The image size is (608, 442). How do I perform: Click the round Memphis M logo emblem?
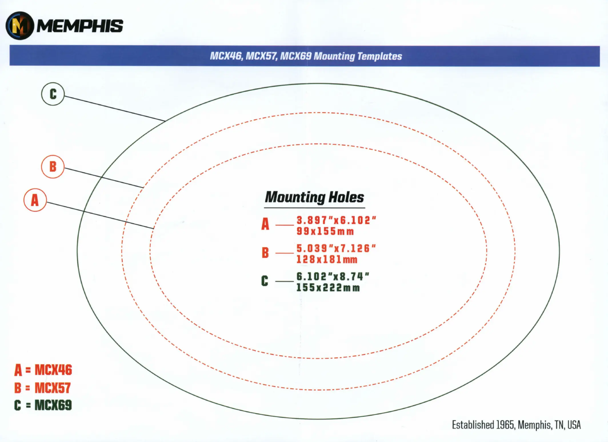pyautogui.click(x=20, y=26)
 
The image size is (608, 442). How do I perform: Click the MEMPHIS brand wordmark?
pyautogui.click(x=80, y=26)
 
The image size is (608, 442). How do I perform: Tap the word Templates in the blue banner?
pyautogui.click(x=379, y=56)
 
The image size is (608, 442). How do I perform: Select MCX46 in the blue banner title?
pyautogui.click(x=226, y=56)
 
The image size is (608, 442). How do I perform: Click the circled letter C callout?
pyautogui.click(x=53, y=94)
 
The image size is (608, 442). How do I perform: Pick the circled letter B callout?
pyautogui.click(x=53, y=167)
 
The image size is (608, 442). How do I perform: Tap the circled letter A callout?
pyautogui.click(x=35, y=200)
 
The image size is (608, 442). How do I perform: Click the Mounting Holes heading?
pyautogui.click(x=315, y=197)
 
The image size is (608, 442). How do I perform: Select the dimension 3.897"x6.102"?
pyautogui.click(x=336, y=220)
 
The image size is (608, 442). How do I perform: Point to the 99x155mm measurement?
pyautogui.click(x=325, y=231)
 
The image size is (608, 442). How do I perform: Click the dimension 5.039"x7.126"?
pyautogui.click(x=336, y=248)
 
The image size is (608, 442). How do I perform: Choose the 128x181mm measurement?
pyautogui.click(x=327, y=260)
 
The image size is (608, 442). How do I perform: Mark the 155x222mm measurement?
pyautogui.click(x=328, y=288)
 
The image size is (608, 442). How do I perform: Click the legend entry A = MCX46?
pyautogui.click(x=43, y=370)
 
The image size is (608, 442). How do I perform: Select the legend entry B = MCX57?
pyautogui.click(x=43, y=388)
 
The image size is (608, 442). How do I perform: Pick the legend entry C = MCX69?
pyautogui.click(x=43, y=405)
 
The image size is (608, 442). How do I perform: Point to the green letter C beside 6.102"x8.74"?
pyautogui.click(x=265, y=281)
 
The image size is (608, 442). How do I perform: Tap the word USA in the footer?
pyautogui.click(x=574, y=425)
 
